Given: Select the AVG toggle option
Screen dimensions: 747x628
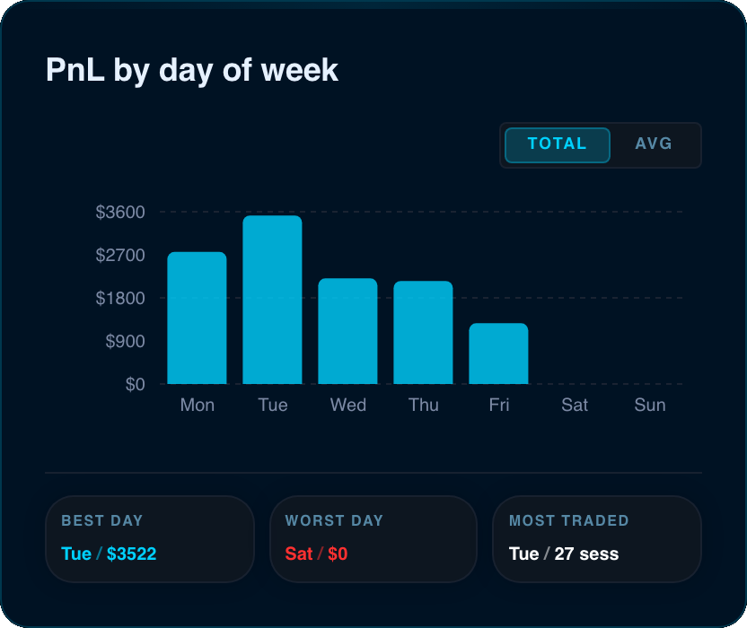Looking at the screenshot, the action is (653, 144).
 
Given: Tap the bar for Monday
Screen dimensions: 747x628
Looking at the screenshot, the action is (197, 318).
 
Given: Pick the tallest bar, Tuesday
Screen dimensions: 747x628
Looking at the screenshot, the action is (272, 300).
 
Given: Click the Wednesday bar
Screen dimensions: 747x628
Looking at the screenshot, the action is (347, 331).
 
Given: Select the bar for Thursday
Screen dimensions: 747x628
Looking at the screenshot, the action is (423, 332).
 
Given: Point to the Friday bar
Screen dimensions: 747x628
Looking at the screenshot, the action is (498, 353).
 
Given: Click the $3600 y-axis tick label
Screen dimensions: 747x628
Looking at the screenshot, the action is (120, 213).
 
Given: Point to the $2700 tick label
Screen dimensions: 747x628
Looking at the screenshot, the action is (120, 255).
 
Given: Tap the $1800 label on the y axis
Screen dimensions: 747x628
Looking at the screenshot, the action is (120, 299).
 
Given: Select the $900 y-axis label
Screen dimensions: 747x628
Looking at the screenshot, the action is (125, 342).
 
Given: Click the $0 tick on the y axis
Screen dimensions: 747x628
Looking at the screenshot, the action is (135, 384).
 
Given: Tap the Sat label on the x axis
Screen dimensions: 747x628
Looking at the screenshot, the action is (574, 406).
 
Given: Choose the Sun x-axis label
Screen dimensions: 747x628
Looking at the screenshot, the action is (649, 406).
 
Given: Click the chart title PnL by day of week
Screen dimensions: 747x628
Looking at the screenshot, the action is (192, 71).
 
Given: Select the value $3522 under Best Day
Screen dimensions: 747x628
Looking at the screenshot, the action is (131, 554).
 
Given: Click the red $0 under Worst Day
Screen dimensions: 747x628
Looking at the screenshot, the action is (338, 554).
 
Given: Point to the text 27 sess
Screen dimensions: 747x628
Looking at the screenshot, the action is (586, 554).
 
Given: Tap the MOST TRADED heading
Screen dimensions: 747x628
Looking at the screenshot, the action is (569, 520).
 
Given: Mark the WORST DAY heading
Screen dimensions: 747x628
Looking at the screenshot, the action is (334, 520).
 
